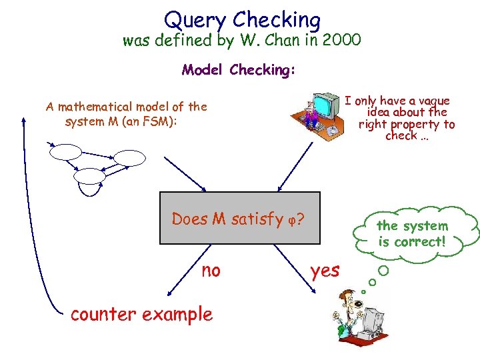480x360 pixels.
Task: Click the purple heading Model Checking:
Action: coord(239,70)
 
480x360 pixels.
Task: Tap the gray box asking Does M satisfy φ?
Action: coord(239,218)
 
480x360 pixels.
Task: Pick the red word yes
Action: coord(325,270)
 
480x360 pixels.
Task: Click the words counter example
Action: coord(141,313)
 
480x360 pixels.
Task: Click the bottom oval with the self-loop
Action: coord(89,176)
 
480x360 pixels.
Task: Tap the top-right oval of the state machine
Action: coord(128,157)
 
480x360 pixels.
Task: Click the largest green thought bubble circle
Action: coord(383,271)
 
